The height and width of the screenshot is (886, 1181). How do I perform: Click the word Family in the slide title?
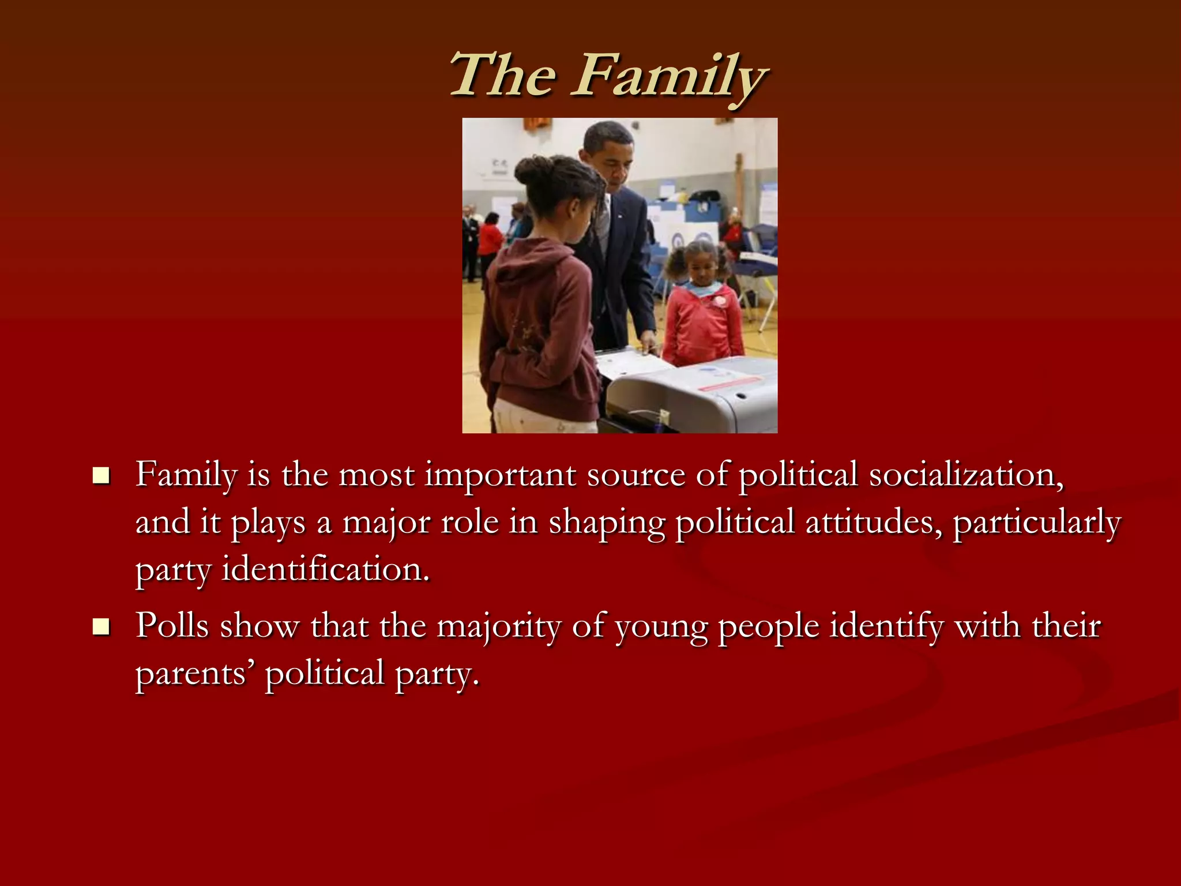coord(669,76)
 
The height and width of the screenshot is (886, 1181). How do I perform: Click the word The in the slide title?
coord(503,75)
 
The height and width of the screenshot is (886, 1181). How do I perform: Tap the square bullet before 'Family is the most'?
coord(101,476)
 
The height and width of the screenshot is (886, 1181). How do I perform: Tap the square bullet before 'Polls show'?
coord(101,626)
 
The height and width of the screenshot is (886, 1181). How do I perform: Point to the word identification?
coord(326,569)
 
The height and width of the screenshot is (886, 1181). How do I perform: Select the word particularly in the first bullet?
coord(1036,523)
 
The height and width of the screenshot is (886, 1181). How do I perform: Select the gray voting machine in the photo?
coord(692,392)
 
